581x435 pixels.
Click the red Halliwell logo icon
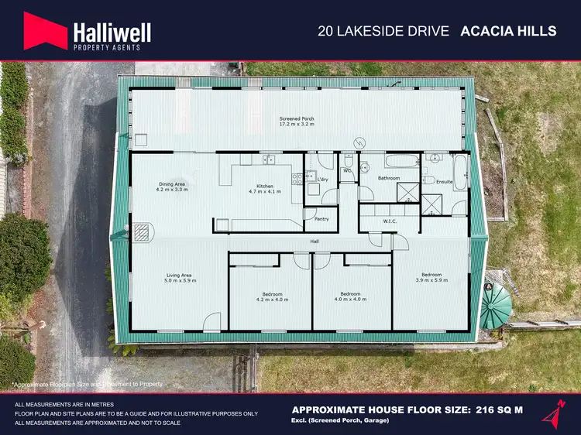[45, 32]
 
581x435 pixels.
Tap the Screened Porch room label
[297, 119]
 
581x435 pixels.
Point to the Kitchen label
[266, 187]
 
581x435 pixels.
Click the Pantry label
[322, 219]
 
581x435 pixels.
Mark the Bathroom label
[388, 178]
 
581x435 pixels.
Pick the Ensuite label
[445, 182]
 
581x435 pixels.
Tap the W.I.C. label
[390, 221]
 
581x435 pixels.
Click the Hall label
[315, 241]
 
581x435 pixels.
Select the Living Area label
[178, 275]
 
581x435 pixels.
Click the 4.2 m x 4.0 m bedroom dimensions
[270, 299]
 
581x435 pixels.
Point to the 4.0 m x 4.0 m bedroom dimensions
[352, 299]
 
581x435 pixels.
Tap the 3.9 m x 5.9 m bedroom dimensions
[431, 279]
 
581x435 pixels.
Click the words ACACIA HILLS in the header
[508, 31]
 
